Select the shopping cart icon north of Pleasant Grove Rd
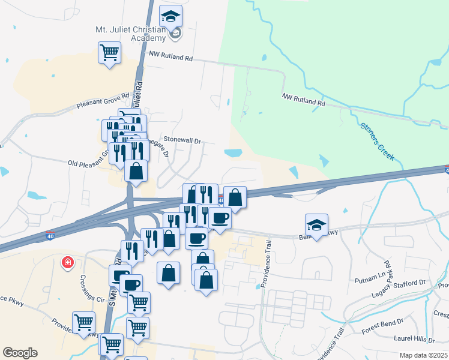[110, 53]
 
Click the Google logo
[20, 353]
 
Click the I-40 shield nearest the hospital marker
[50, 236]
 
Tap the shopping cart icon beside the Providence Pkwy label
[83, 323]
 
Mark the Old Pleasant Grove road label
[87, 163]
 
